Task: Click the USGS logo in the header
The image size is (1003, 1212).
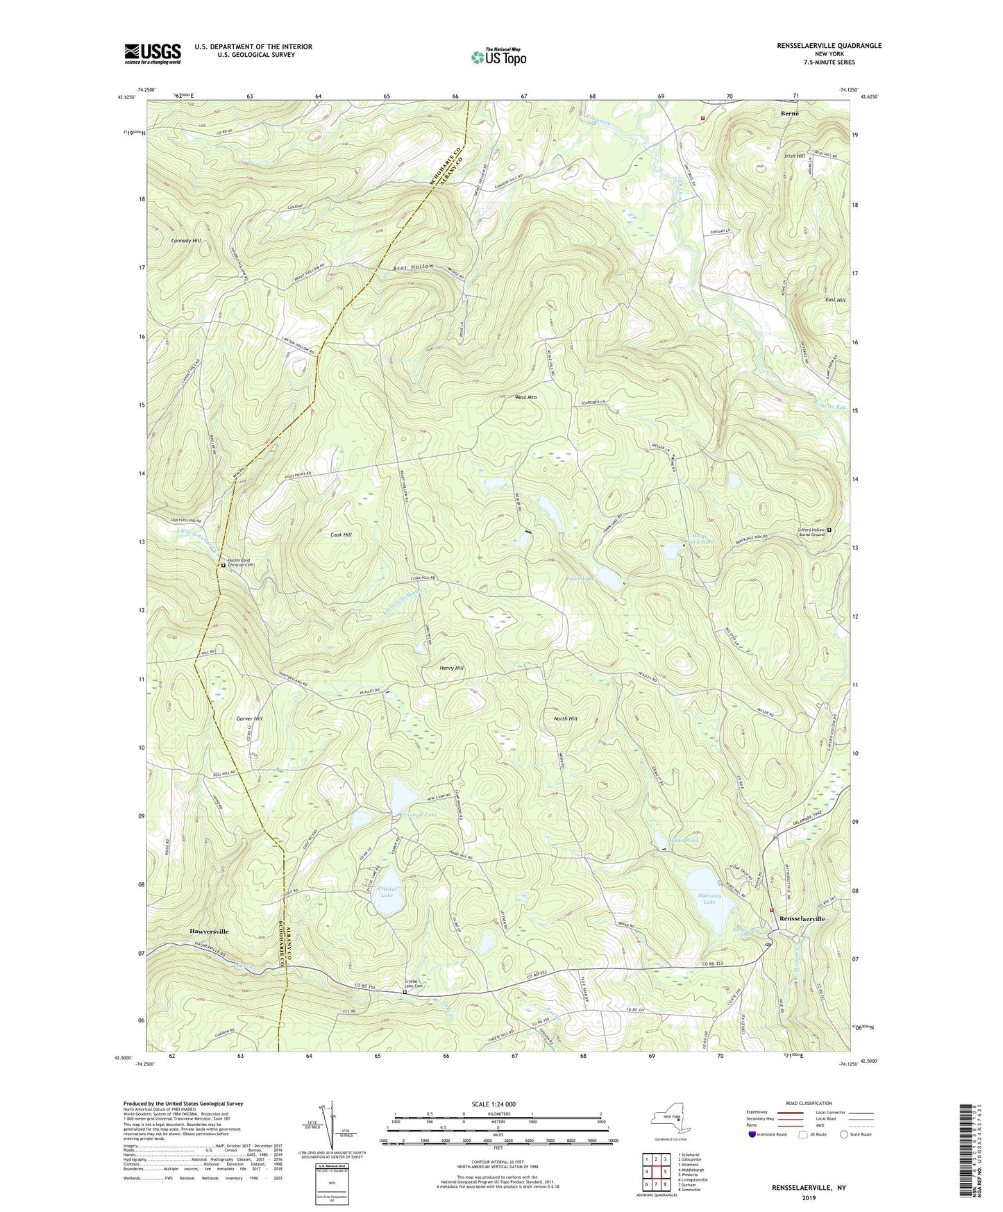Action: [x=152, y=53]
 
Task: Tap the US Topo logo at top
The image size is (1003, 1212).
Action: [x=498, y=57]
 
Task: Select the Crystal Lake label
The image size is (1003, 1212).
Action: [x=387, y=892]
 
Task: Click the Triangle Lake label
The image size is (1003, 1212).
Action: [x=419, y=814]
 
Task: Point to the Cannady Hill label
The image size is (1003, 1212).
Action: [x=185, y=240]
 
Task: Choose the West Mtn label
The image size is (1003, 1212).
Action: [x=525, y=398]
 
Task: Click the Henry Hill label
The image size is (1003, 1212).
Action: [x=451, y=668]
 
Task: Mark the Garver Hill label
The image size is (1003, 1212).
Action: [x=248, y=718]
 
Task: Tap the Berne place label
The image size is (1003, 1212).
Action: [x=789, y=113]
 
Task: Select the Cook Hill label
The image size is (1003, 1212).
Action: [x=341, y=535]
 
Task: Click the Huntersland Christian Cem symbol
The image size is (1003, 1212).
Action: [x=223, y=565]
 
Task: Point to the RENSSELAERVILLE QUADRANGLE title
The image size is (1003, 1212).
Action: [x=829, y=46]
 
